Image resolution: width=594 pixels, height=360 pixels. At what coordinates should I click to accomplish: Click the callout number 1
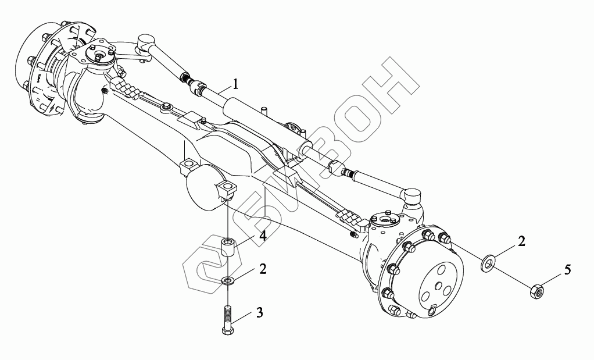(x=235, y=84)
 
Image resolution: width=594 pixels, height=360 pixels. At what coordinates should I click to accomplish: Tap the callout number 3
(x=259, y=312)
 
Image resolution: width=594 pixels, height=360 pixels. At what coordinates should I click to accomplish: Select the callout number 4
(x=263, y=236)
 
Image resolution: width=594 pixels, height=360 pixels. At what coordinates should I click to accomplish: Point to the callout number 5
(x=567, y=270)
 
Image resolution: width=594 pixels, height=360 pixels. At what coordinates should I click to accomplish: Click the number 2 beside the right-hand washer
(x=521, y=241)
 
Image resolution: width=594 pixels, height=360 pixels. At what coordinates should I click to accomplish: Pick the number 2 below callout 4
(x=263, y=269)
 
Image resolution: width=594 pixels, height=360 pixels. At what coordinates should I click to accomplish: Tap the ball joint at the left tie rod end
(x=145, y=42)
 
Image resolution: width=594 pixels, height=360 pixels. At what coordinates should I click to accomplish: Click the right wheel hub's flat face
(x=439, y=280)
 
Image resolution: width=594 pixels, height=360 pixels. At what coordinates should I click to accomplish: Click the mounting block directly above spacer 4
(x=227, y=190)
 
